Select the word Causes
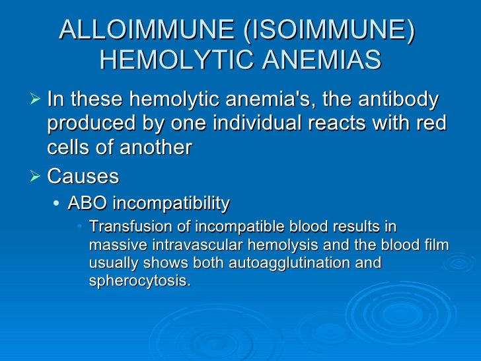tap(83, 177)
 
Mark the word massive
tap(113, 245)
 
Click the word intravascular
tap(186, 245)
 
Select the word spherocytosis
tap(139, 280)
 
